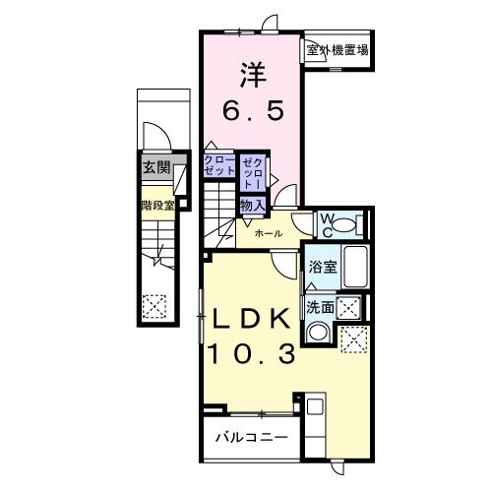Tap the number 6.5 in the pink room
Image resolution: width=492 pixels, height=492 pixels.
point(253,111)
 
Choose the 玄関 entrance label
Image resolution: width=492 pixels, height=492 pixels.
point(155,167)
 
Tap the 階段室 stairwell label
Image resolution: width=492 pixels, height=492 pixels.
point(157,206)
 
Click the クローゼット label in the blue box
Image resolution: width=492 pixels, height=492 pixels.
point(218,165)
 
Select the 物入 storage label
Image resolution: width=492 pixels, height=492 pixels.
point(252,204)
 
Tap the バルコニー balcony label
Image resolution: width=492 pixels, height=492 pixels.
point(251,435)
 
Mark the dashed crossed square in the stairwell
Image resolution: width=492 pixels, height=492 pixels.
point(154,306)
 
